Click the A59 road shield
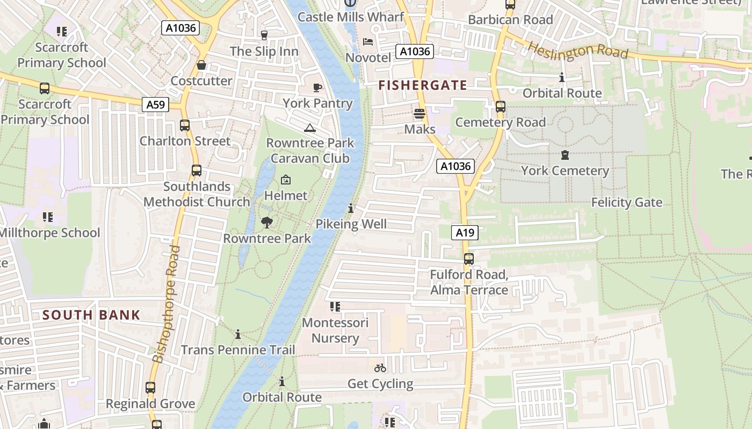156,104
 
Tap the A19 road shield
465,232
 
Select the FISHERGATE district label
422,85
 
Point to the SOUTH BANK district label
91,315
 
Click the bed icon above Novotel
368,42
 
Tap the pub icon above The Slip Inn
264,35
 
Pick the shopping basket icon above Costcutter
201,65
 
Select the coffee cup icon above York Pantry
317,87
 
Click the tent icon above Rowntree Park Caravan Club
309,128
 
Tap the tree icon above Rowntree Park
266,223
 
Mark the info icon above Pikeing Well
351,208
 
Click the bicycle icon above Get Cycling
380,368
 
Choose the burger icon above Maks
420,114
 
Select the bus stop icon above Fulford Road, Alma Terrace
469,259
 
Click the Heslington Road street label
578,51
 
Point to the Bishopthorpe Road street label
165,304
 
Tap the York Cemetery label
565,171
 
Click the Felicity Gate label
626,203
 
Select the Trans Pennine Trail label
238,350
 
